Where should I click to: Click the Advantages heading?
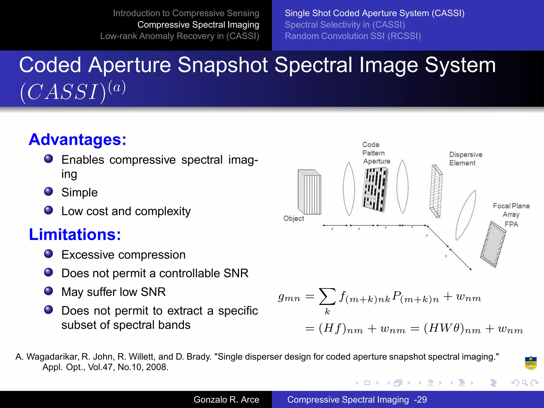point(77,140)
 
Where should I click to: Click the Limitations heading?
point(75,235)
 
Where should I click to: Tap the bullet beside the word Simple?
point(49,191)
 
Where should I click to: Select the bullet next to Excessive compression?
point(49,254)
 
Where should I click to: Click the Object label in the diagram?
point(294,218)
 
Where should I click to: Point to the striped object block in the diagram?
point(309,192)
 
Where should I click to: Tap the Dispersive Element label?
point(465,159)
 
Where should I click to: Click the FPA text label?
point(511,224)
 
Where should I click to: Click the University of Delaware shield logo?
point(530,363)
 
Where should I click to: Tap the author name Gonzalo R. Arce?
point(226,399)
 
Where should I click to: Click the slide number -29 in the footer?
point(420,399)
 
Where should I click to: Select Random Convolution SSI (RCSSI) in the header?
point(352,36)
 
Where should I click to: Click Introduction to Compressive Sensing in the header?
point(186,13)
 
